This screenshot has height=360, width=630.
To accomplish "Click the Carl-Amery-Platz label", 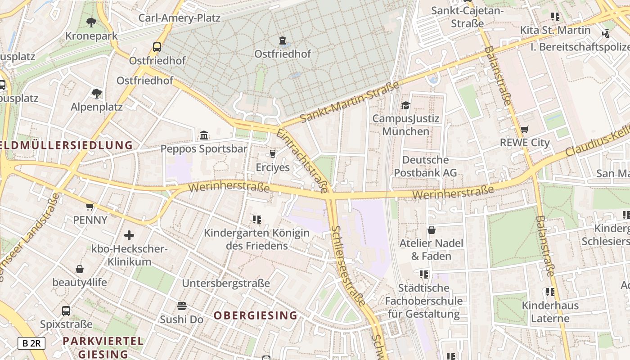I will point(179,18).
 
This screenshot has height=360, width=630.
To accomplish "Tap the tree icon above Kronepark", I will point(91,22).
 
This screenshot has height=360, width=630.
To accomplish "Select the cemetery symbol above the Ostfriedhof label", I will point(283,41).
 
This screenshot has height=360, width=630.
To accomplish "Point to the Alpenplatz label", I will point(97,107).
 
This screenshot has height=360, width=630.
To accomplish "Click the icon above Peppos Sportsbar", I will point(204,135).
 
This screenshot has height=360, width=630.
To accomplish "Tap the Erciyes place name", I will point(273,167).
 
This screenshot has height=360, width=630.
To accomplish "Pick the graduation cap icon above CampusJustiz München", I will point(406,106).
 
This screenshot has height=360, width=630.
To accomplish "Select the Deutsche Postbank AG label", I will point(425,166).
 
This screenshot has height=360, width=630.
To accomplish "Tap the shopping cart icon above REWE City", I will point(524,130).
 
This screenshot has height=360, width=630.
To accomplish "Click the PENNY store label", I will point(90,220).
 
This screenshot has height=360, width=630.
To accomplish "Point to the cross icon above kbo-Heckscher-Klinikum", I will point(129,235).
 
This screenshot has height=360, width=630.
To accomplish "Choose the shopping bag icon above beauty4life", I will point(80,269).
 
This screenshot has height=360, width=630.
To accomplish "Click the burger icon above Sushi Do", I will point(182,306).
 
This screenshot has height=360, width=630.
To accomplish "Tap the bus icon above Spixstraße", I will point(66,310).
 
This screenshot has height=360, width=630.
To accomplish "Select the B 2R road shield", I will point(31,343).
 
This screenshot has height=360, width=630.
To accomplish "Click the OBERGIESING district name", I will point(256,315).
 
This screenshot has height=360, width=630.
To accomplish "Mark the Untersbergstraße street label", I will point(226,283).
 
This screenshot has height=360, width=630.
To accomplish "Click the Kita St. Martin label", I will point(555,30).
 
